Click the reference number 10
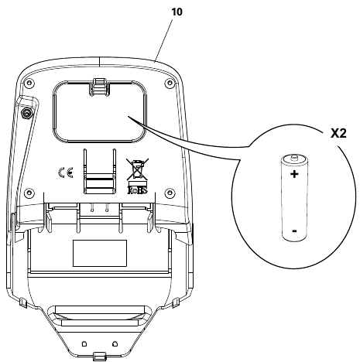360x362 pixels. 177,12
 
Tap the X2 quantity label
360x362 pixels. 338,133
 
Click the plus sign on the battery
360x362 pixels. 294,174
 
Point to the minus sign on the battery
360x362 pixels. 294,231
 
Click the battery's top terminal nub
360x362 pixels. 293,157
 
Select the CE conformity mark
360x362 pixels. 66,172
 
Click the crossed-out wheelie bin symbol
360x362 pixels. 137,169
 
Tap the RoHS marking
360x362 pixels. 138,190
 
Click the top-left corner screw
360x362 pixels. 29,83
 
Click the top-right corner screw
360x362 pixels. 170,83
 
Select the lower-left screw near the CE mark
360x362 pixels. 29,193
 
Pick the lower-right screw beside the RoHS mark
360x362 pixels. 170,193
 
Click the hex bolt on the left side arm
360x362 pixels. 26,113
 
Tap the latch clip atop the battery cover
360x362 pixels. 100,87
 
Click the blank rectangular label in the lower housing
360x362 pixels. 100,253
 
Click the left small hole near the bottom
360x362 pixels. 84,343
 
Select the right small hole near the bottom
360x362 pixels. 115,343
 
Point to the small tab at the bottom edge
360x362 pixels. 100,356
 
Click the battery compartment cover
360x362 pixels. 100,111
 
